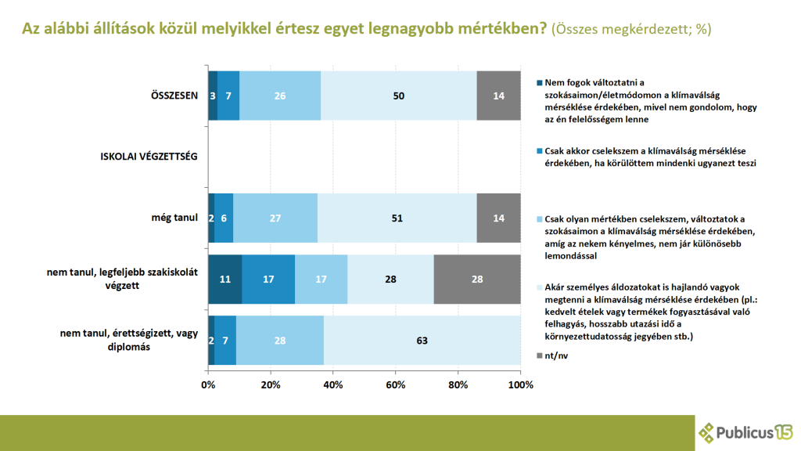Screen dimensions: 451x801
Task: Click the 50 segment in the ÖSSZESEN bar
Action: point(399,96)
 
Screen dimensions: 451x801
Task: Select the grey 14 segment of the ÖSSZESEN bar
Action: point(498,96)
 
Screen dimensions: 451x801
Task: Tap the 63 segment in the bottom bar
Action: point(422,341)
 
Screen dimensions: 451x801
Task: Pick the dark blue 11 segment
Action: point(225,280)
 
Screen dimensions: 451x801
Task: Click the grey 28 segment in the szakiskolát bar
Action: point(476,280)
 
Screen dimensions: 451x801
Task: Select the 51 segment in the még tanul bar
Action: point(397,218)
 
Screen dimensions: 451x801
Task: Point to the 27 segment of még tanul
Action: point(275,218)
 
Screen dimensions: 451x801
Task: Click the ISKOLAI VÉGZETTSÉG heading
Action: point(149,157)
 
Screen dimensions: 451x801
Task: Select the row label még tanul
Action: point(174,218)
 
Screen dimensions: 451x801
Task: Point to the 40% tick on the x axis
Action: point(333,385)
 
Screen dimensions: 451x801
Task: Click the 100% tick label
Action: point(520,385)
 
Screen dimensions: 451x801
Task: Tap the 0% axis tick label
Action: point(208,385)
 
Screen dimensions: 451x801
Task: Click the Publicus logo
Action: point(745,432)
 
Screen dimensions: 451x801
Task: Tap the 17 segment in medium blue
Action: point(268,280)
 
